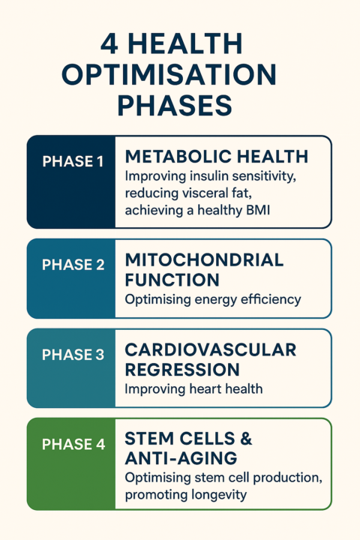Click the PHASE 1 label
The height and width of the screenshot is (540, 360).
[73, 160]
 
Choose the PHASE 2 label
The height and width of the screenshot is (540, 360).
[73, 265]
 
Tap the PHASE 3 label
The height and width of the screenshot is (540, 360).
[73, 355]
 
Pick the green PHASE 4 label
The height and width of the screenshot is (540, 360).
[73, 445]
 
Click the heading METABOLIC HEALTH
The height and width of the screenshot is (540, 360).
[216, 156]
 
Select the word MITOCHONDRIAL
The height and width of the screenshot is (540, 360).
[204, 260]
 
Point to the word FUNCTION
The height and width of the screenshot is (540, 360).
[172, 280]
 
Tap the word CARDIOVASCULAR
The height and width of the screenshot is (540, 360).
[211, 350]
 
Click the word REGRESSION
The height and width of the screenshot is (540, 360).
[182, 370]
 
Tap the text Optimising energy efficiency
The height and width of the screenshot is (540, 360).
[212, 299]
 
